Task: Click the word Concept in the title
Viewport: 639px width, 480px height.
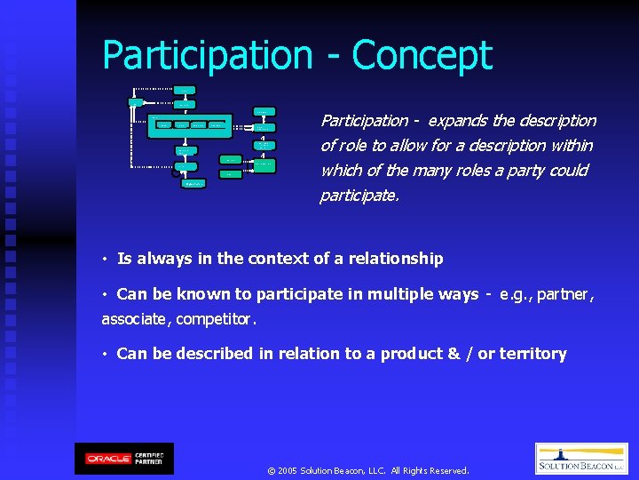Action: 422,55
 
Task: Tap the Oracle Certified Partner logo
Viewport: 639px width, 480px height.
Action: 124,459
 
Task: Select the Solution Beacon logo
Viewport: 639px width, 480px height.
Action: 581,459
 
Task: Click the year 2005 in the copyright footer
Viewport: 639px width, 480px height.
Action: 287,470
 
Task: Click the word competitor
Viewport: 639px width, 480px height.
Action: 216,319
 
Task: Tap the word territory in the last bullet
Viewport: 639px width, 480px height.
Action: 532,354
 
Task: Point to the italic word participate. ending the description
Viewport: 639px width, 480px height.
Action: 359,195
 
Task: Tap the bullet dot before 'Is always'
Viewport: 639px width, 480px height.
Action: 105,260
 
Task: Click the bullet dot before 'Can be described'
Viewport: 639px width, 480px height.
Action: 105,355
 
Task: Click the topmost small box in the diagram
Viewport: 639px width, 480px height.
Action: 185,90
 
